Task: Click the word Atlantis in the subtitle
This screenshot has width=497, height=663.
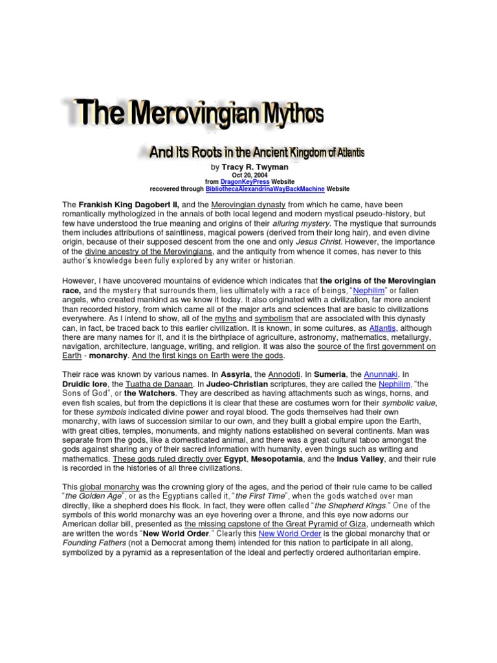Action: (349, 153)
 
